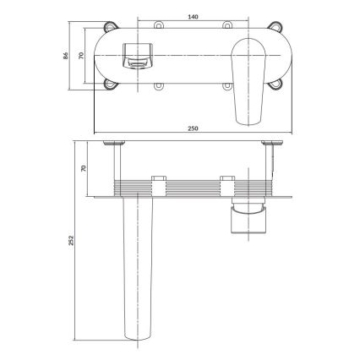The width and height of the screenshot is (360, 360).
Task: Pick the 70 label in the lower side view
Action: point(82,168)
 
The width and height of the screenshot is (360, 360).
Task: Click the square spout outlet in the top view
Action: point(136,57)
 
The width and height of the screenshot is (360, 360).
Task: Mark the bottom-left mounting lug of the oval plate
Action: point(112,85)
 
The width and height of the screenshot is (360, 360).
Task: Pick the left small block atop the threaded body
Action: point(157,179)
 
